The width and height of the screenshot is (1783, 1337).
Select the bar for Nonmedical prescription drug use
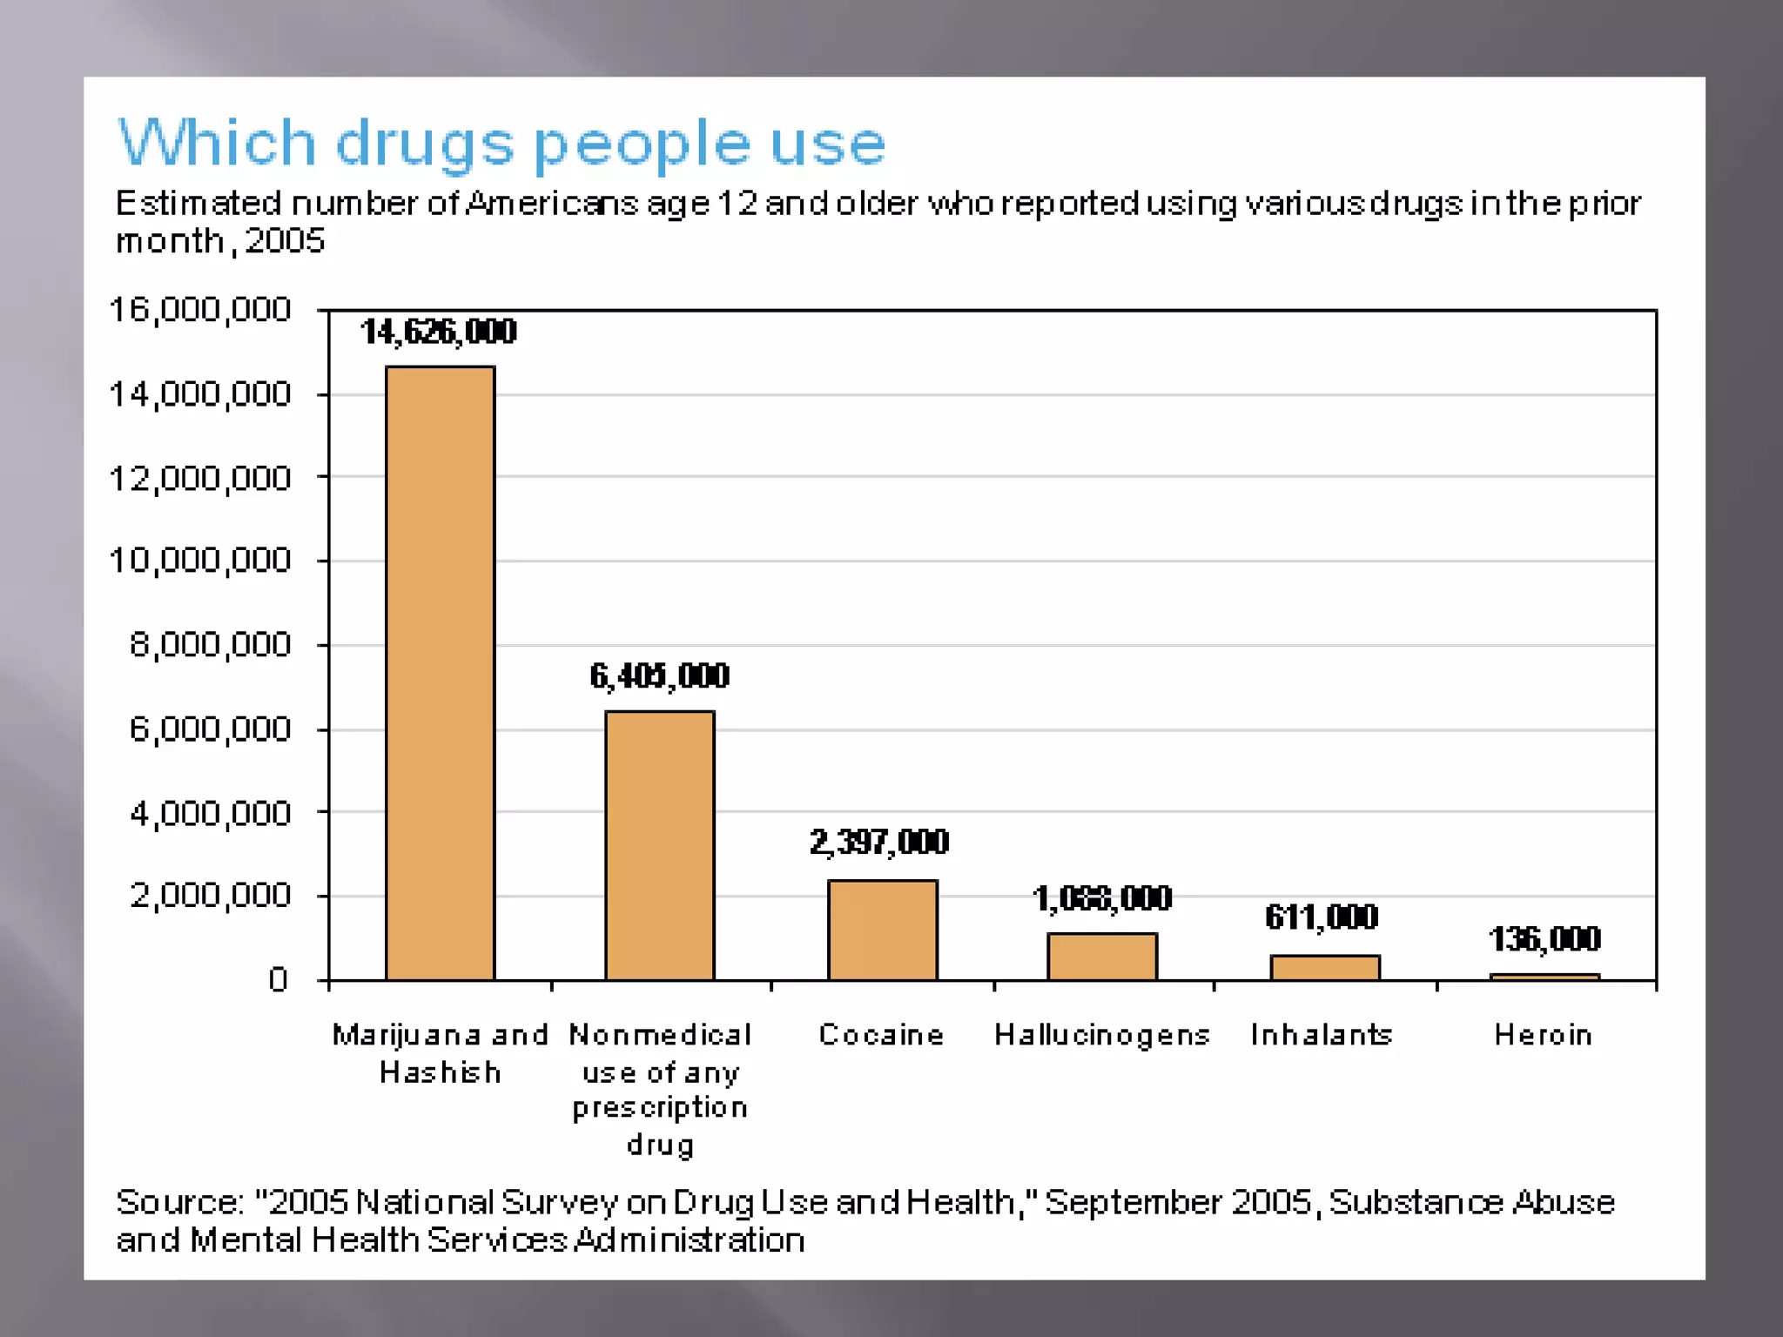tap(660, 845)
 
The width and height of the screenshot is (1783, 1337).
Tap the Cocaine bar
tap(882, 930)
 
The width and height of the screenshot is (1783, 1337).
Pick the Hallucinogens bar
tap(1102, 957)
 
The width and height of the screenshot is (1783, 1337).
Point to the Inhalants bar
tap(1324, 967)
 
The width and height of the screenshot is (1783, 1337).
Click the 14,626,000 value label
tap(439, 332)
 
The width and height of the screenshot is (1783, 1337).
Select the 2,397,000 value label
tap(879, 842)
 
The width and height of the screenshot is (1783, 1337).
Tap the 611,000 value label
tap(1322, 917)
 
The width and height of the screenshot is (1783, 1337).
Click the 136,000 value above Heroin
tap(1544, 938)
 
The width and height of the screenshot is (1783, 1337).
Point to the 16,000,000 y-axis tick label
tap(199, 310)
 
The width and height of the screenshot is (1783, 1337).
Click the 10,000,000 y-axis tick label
tap(199, 560)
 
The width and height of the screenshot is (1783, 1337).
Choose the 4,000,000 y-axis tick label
tap(210, 813)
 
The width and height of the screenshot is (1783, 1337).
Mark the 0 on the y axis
tap(278, 980)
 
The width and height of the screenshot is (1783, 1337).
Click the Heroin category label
tap(1544, 1034)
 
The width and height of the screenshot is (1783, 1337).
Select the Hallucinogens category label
tap(1102, 1034)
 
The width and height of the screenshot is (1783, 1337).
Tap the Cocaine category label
tap(881, 1034)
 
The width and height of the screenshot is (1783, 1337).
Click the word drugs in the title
tap(425, 144)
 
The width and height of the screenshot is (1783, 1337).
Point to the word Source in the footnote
tap(178, 1202)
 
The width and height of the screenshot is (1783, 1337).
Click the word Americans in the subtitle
tap(553, 204)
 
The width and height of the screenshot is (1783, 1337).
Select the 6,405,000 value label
tap(659, 675)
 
